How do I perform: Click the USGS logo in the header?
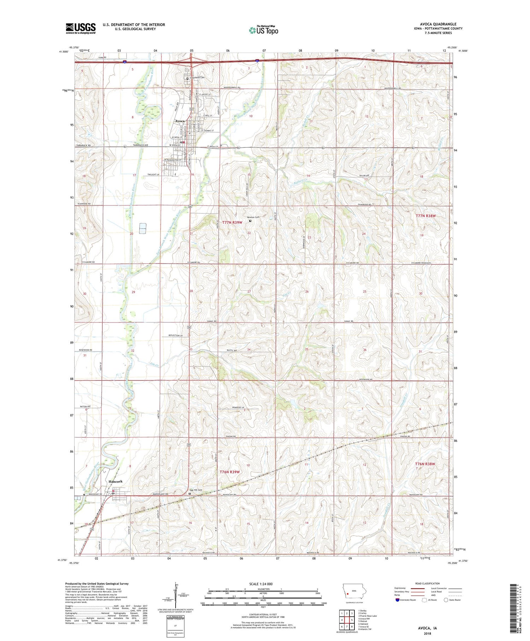[81, 28]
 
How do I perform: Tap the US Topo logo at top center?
[264, 30]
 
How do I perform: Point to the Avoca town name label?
[180, 121]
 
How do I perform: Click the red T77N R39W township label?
[232, 222]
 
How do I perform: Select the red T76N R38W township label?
[425, 464]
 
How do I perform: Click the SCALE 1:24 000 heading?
[263, 584]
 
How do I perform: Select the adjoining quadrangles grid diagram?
[347, 618]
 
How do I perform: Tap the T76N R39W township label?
[230, 472]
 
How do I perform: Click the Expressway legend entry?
[402, 588]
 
